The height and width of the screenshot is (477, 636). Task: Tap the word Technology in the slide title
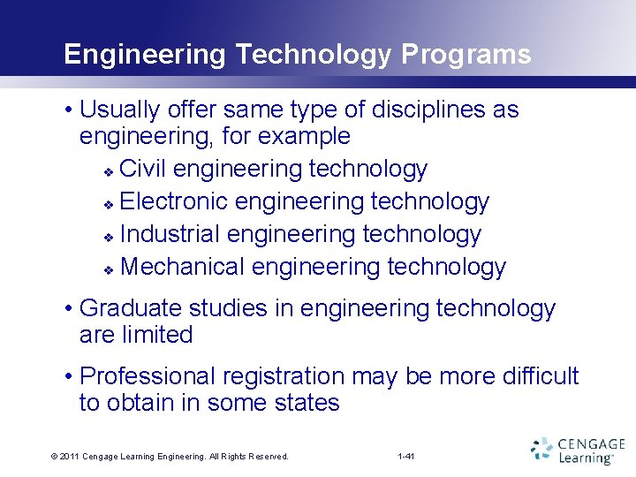[313, 55]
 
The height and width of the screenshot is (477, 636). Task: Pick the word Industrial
[170, 234]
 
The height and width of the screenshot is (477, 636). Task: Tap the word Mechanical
[182, 267]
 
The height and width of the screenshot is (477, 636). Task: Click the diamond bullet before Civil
[108, 170]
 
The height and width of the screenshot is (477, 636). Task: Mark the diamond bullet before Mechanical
[108, 269]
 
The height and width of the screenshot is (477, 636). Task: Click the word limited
[160, 335]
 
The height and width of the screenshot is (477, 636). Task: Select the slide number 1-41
[407, 457]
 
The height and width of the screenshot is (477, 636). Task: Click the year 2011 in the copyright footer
[71, 457]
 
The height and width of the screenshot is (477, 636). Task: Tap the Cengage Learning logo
[578, 450]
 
